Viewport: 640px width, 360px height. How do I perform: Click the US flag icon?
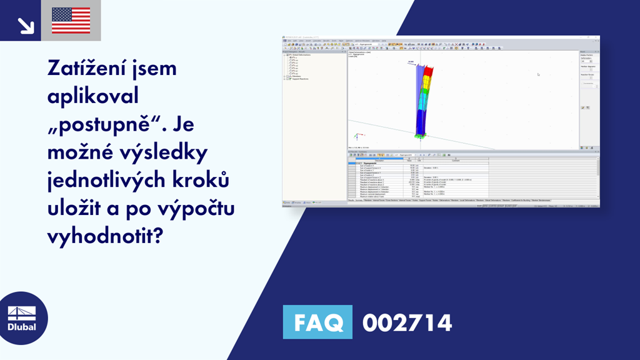pyautogui.click(x=71, y=21)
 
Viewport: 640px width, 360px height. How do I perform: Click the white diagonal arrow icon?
pyautogui.click(x=25, y=24)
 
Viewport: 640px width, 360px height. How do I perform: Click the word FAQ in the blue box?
pyautogui.click(x=317, y=323)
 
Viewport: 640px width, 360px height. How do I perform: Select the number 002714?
pyautogui.click(x=407, y=323)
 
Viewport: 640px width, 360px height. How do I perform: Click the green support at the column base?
pyautogui.click(x=419, y=134)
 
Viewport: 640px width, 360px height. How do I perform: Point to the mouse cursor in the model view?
pyautogui.click(x=538, y=74)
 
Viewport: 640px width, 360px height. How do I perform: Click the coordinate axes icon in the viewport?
pyautogui.click(x=357, y=136)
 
